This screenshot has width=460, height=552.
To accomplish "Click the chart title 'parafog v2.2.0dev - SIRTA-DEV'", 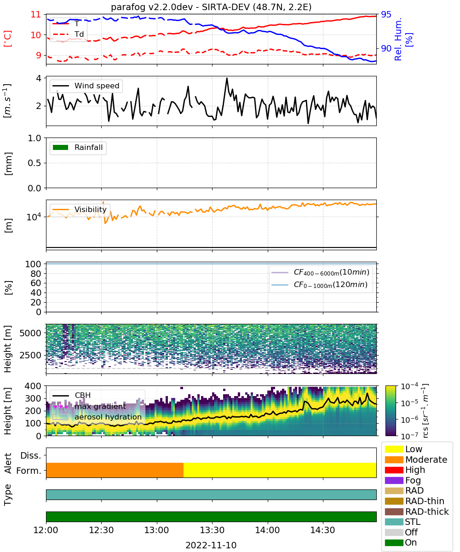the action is (x=180, y=7).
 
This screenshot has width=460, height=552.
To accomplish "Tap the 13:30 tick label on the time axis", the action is (x=212, y=530).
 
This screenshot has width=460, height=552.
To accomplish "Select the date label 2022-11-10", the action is (x=211, y=545).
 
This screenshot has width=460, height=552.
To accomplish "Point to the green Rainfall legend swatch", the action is (x=61, y=148).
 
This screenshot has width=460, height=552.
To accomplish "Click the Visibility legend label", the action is (x=90, y=209).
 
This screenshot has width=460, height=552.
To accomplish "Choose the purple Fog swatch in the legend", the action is (x=394, y=480).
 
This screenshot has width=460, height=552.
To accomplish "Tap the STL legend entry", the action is (x=413, y=522).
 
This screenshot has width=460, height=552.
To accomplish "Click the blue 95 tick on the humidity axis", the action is (x=386, y=14).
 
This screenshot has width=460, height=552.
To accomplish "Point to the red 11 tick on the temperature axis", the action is (x=36, y=14).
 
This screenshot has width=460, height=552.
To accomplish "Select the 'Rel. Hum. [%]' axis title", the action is (x=403, y=39).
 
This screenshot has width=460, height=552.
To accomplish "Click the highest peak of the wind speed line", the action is (x=227, y=78).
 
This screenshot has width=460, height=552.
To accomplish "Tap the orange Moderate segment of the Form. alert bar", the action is (x=115, y=470).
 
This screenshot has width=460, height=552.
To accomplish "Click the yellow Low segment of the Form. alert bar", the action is (x=280, y=470).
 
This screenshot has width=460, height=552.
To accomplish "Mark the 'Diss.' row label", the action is (x=31, y=455).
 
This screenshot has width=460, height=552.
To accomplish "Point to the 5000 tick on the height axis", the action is (x=30, y=333).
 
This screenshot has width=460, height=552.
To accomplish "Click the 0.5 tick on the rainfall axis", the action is (x=34, y=163).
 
